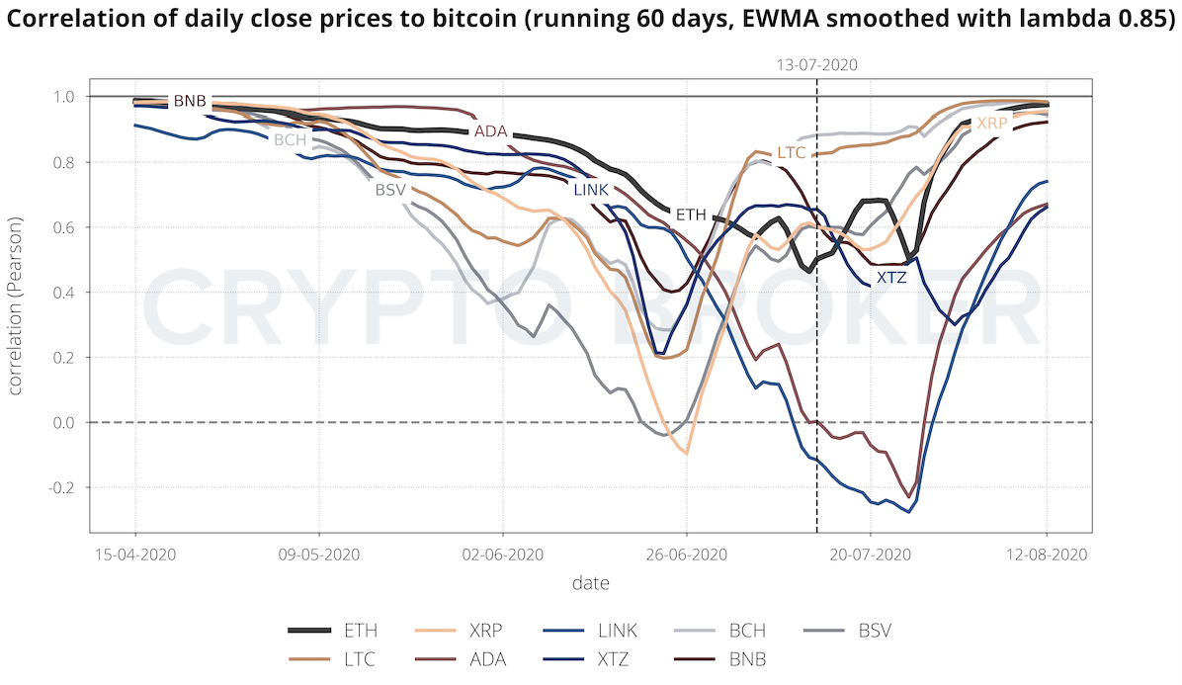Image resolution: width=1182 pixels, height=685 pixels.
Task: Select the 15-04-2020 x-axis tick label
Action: point(135,555)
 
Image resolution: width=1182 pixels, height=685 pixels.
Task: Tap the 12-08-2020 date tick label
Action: point(1047,555)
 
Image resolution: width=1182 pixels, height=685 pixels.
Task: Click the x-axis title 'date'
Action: point(590,583)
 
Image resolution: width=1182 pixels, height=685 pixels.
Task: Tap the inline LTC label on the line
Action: point(792,153)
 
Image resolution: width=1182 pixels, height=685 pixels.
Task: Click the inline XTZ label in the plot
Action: point(890,279)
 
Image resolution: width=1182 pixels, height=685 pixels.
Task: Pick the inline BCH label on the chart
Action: point(291,140)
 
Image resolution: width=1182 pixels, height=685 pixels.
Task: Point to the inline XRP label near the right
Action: point(991,124)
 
